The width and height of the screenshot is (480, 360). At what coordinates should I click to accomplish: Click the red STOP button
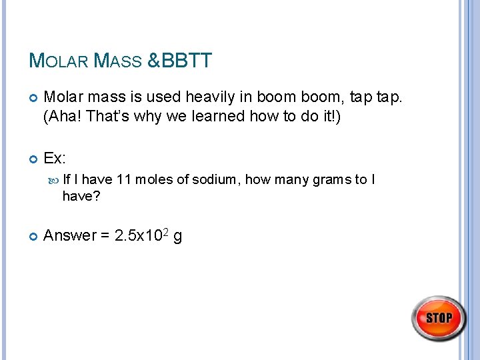pos(439,318)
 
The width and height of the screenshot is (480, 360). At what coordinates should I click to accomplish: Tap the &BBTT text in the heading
pos(179,61)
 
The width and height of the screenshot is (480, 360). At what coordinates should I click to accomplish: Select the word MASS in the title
pos(118,62)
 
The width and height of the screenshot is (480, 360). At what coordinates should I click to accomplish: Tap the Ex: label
pos(54,158)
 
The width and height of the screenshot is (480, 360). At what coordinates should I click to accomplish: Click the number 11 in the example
pos(123,179)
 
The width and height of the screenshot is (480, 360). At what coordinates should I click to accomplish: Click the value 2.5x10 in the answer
pos(136,236)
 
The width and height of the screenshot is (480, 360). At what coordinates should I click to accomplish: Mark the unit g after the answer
pos(178,237)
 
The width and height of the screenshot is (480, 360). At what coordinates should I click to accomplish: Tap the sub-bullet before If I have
pos(55,179)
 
